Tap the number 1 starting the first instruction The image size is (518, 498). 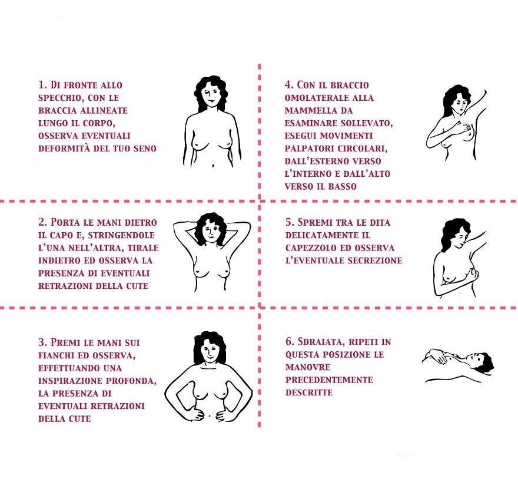(x=41, y=85)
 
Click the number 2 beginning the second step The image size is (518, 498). (x=41, y=222)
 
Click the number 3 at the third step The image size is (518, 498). (x=41, y=342)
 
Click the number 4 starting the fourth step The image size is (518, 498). (x=288, y=85)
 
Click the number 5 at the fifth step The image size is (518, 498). (x=288, y=222)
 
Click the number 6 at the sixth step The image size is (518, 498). (x=288, y=342)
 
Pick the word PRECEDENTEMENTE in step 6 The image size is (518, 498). (x=329, y=380)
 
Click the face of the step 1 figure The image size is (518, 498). (x=211, y=94)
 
